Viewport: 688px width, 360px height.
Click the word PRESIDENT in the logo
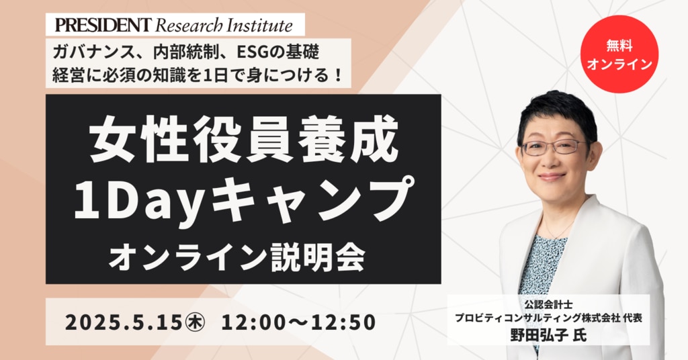[x=103, y=25]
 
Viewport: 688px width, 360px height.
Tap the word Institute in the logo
[x=259, y=26]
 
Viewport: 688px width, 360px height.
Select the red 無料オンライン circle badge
[x=619, y=54]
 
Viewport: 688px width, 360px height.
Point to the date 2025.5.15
[x=124, y=322]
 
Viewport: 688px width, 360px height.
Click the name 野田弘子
[x=538, y=334]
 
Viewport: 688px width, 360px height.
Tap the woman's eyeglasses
[x=554, y=146]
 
